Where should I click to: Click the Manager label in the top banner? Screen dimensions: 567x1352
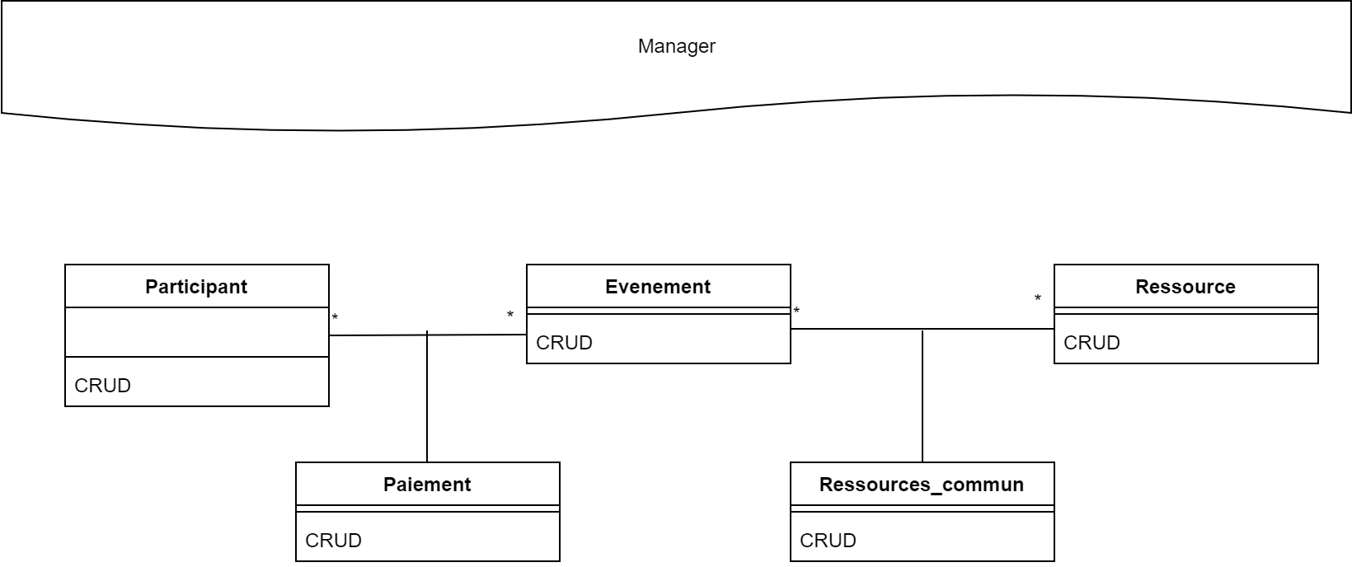[x=676, y=46]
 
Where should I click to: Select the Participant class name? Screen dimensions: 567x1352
[x=196, y=287]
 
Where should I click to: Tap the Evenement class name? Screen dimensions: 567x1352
[x=658, y=287]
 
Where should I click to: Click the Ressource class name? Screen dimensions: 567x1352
[x=1185, y=287]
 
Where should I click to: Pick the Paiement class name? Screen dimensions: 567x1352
[x=427, y=485]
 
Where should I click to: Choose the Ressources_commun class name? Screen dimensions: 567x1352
[x=922, y=485]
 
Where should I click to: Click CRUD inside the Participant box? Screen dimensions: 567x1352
[x=103, y=386]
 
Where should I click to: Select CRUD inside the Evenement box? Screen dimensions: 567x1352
[x=565, y=343]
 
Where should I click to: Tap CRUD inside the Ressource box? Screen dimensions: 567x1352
[x=1092, y=343]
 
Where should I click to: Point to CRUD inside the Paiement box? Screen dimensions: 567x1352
[x=334, y=541]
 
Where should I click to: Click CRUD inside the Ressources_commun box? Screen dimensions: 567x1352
[x=829, y=541]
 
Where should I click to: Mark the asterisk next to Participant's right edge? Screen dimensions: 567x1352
[x=335, y=317]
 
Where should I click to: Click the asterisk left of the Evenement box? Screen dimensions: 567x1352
[x=510, y=316]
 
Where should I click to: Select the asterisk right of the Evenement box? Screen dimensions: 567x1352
[x=796, y=312]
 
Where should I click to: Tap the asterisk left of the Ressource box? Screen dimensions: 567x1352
[x=1038, y=299]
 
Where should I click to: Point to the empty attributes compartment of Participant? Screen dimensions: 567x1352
[x=196, y=332]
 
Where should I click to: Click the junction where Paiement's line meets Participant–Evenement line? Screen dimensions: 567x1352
[x=427, y=335]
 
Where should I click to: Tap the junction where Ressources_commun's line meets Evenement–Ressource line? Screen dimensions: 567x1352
[x=922, y=330]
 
